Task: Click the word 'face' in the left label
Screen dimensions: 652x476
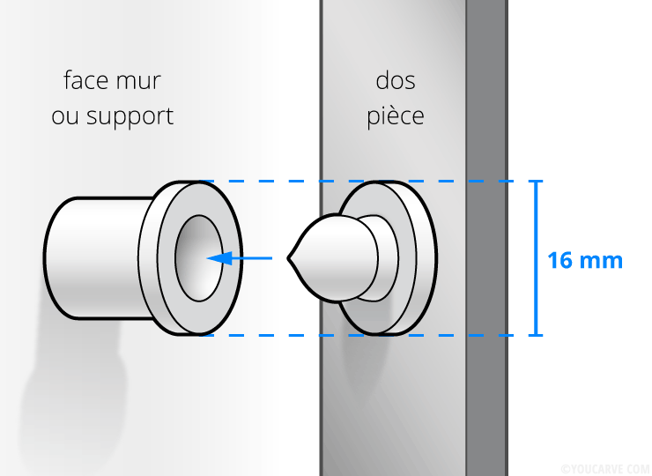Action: click(86, 80)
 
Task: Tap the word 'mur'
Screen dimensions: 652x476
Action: click(138, 82)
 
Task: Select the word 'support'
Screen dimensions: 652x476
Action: click(130, 117)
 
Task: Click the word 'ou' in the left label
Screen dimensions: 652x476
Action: click(65, 117)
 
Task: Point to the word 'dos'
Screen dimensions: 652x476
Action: click(396, 80)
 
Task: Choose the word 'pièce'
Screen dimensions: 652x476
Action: click(396, 115)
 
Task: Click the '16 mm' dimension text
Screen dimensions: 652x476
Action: click(585, 261)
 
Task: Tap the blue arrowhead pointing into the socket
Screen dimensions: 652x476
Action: click(219, 258)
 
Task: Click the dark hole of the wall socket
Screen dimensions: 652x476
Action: click(199, 258)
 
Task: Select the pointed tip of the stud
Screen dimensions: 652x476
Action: click(288, 258)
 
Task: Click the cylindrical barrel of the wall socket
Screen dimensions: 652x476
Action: click(98, 258)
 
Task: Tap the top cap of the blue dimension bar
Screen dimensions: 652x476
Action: click(536, 181)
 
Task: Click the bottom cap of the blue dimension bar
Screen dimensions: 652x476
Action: click(536, 335)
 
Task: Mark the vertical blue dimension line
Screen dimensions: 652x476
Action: click(536, 258)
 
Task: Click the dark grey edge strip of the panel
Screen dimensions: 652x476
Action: click(486, 238)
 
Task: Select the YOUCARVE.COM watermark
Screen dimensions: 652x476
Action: click(605, 469)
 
